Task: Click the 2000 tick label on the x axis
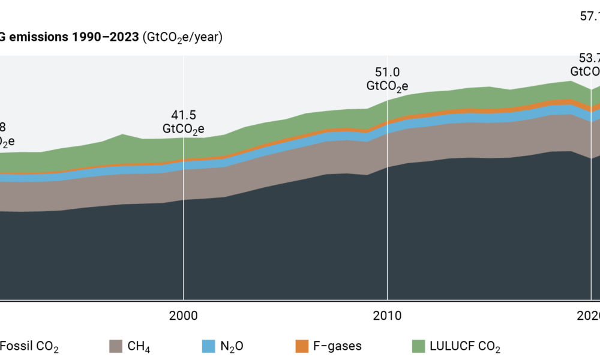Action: coord(183,316)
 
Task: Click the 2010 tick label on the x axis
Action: coord(387,316)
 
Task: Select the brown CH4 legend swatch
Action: coord(116,346)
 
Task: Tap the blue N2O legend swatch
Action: coord(208,346)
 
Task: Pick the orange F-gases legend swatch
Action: coord(301,346)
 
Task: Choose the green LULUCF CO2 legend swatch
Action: coord(418,346)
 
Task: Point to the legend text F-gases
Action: coord(338,346)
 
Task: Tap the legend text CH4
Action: coord(136,347)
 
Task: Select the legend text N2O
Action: coord(229,347)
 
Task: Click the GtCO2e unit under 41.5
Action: coord(184,129)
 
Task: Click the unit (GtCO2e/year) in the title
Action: coord(182,38)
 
